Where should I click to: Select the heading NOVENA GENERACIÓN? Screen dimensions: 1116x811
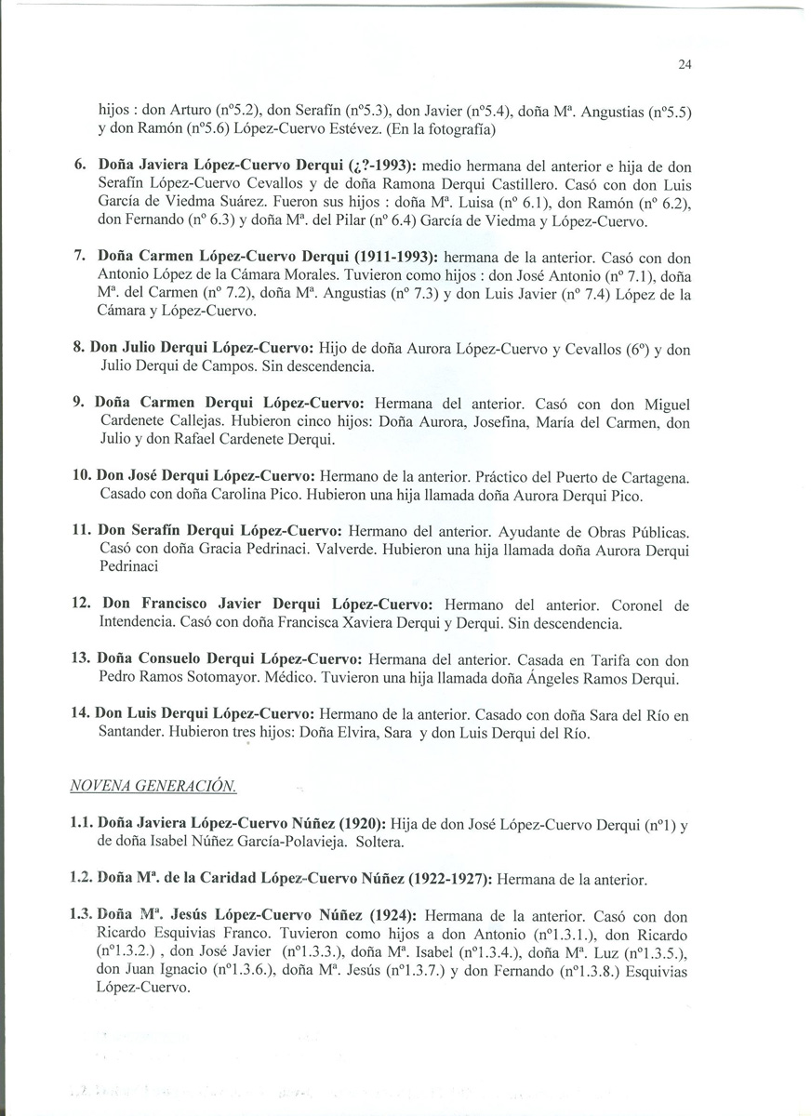153,787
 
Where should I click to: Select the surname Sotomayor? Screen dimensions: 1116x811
233,678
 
